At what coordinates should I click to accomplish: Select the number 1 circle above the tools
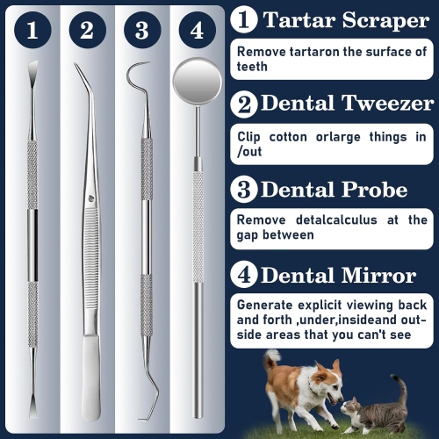[x=32, y=32]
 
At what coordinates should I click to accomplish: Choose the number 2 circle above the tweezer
[x=86, y=32]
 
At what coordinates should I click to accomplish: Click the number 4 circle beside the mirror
[x=197, y=32]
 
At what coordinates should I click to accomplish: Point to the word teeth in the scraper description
[x=254, y=67]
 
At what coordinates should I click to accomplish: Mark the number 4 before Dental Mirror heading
[x=243, y=276]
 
